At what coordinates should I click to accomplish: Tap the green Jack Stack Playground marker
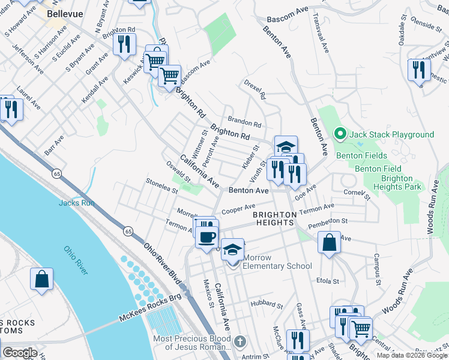click(x=340, y=134)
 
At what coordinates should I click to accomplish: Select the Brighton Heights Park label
click(x=397, y=182)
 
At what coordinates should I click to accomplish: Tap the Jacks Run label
click(x=76, y=203)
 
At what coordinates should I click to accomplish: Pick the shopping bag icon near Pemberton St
click(x=330, y=244)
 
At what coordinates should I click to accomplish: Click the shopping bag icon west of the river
click(x=42, y=279)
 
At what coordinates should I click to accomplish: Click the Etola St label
click(x=328, y=281)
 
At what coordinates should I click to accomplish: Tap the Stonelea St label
click(x=162, y=185)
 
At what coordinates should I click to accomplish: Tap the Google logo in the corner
click(x=19, y=353)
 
